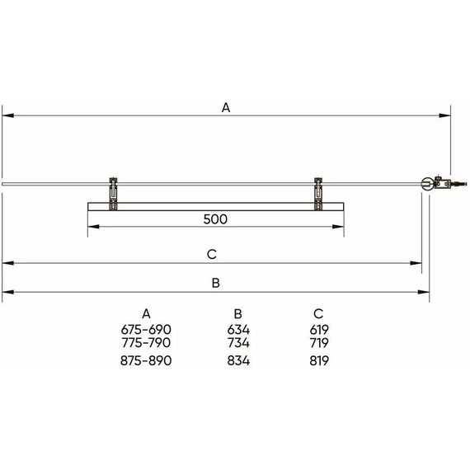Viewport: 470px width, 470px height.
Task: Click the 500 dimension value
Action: [215, 219]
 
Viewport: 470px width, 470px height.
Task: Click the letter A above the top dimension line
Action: [226, 107]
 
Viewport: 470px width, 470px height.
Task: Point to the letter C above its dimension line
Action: [212, 254]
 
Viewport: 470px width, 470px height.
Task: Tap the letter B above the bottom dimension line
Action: [215, 283]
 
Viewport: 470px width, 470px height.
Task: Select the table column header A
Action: [146, 314]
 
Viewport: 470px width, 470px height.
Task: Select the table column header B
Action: [237, 314]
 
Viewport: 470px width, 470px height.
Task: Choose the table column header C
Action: [318, 314]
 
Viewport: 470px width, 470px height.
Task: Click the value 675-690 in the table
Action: [146, 330]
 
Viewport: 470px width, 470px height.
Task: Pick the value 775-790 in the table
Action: [146, 343]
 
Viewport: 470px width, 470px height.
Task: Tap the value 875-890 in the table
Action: [146, 360]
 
